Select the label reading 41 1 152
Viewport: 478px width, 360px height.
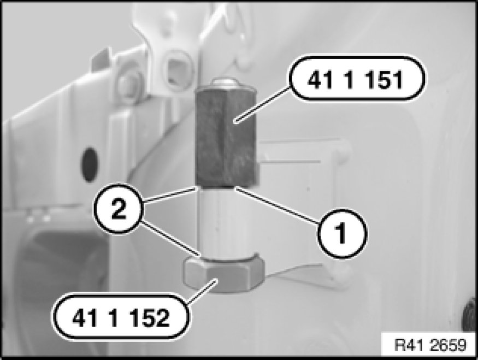121,317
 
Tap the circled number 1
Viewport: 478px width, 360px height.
342,234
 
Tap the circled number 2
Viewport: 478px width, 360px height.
118,209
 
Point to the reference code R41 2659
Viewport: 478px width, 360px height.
430,345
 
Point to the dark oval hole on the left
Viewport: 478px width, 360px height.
90,165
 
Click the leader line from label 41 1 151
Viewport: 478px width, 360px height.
262,104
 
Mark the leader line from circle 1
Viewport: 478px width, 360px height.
278,206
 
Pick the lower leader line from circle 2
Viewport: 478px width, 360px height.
170,238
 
